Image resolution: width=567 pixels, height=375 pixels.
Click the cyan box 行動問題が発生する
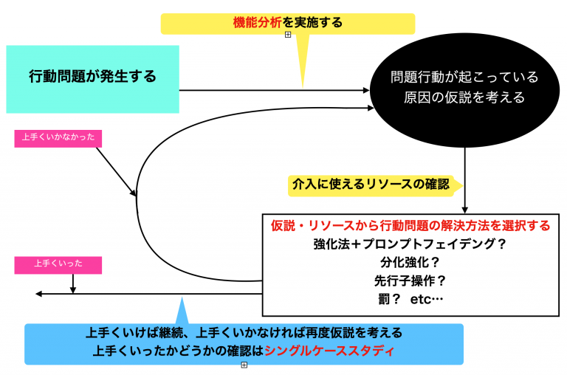(92, 79)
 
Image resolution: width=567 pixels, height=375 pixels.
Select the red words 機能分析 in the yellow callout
(257, 23)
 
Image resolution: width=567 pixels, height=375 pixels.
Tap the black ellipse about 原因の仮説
(464, 90)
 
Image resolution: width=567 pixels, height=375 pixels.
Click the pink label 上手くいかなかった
(58, 139)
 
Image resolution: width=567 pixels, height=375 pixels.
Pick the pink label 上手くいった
(58, 265)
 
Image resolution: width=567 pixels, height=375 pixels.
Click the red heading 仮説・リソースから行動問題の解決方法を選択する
(410, 226)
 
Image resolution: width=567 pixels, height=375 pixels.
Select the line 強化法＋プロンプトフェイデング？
(410, 244)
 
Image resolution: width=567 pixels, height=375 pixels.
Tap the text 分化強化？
(410, 263)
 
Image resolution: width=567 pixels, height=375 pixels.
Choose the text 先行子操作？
(410, 281)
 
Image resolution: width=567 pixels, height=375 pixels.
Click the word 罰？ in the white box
(389, 300)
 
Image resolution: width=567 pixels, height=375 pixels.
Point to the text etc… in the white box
(427, 300)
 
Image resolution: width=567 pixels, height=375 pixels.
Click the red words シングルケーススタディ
(329, 351)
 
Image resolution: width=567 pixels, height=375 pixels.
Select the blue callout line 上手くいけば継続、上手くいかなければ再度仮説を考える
(244, 333)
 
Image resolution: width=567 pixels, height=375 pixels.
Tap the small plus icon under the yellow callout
(288, 35)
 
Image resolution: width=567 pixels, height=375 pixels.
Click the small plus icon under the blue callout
(244, 365)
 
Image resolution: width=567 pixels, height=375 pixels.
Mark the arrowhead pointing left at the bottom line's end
(38, 294)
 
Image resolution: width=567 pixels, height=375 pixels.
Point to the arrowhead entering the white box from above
(464, 210)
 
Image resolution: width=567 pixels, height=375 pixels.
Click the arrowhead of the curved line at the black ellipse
(371, 108)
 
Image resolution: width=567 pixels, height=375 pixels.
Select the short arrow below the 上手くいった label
(73, 283)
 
